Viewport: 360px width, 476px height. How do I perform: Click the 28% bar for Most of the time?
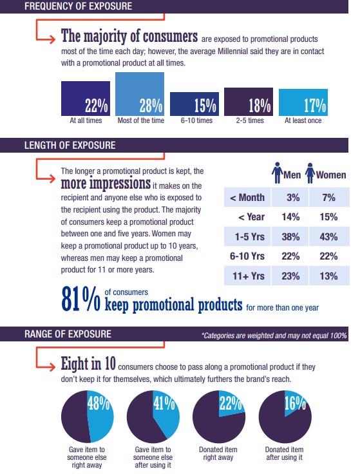140,94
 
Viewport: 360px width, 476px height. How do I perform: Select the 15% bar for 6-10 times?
194,104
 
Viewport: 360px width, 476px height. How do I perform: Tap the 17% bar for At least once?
303,102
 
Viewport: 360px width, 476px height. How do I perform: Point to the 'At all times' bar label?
86,120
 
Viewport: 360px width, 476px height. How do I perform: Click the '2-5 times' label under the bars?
250,120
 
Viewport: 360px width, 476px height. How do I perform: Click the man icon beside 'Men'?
277,173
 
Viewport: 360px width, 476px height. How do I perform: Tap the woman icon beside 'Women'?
310,173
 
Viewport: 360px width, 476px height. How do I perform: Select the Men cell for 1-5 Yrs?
290,236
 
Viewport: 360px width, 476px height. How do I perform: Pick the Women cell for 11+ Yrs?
329,276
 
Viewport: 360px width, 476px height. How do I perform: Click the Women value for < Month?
328,198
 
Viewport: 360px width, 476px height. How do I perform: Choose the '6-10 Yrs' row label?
247,256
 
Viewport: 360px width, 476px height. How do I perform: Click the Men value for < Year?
290,217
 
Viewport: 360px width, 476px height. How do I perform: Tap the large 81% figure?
81,299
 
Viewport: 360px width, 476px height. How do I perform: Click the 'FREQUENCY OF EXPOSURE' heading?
79,6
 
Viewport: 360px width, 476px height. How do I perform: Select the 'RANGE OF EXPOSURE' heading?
68,334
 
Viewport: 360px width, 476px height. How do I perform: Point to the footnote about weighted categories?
274,336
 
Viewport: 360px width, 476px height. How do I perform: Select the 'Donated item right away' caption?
218,453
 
